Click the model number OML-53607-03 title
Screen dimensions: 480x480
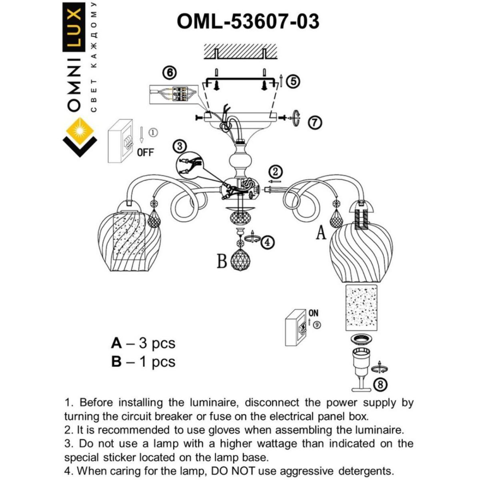point(248,22)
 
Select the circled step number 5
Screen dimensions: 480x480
point(293,82)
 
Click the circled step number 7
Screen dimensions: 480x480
point(315,122)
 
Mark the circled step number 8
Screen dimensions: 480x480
point(380,385)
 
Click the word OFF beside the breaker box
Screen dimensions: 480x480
point(145,152)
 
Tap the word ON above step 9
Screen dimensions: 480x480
point(314,313)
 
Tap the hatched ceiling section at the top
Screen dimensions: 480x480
point(240,51)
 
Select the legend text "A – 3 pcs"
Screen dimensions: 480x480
point(143,343)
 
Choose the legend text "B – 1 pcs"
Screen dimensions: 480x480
point(143,362)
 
